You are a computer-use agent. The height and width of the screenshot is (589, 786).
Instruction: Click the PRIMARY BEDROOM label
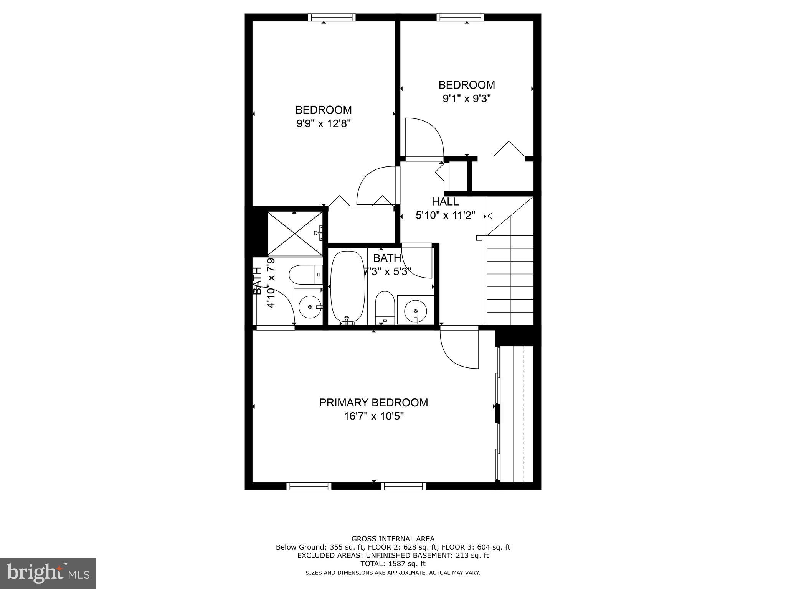[x=373, y=403]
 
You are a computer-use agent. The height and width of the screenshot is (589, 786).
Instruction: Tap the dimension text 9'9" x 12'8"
[x=324, y=124]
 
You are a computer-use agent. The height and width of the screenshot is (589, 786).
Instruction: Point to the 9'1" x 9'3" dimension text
[x=467, y=99]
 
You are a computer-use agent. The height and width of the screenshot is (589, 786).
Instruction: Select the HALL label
[x=445, y=202]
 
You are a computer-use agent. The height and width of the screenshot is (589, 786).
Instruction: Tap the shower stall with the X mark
[x=295, y=233]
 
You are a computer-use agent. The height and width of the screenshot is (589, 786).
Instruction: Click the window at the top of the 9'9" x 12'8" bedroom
[x=332, y=18]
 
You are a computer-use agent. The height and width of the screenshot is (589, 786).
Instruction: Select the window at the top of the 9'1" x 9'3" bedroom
[x=460, y=18]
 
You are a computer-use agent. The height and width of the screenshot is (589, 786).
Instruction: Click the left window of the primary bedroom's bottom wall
[x=309, y=486]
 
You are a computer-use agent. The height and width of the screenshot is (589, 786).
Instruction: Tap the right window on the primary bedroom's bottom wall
[x=403, y=486]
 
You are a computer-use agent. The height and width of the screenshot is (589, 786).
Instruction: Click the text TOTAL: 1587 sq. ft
[x=393, y=564]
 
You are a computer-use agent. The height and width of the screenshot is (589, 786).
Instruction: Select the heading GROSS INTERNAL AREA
[x=393, y=539]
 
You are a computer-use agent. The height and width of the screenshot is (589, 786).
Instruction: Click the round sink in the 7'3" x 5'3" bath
[x=415, y=309]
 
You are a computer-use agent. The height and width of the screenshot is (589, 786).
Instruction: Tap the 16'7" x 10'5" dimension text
[x=373, y=416]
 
